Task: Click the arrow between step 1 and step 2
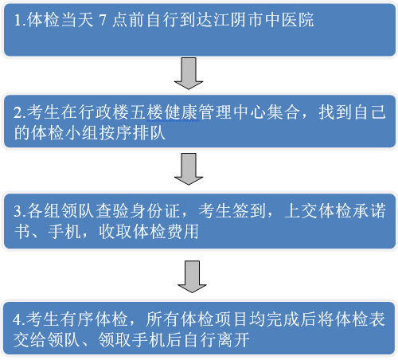point(189,73)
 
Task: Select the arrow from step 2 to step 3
point(189,169)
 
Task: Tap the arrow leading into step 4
point(192,276)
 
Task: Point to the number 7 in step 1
point(103,20)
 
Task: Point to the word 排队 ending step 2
point(149,132)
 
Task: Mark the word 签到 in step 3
point(249,211)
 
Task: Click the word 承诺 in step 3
point(369,211)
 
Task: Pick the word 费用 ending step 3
point(183,231)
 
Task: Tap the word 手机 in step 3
point(64,231)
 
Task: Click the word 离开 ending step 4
point(233,339)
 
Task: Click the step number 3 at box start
point(18,211)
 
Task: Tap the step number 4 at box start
point(18,319)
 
